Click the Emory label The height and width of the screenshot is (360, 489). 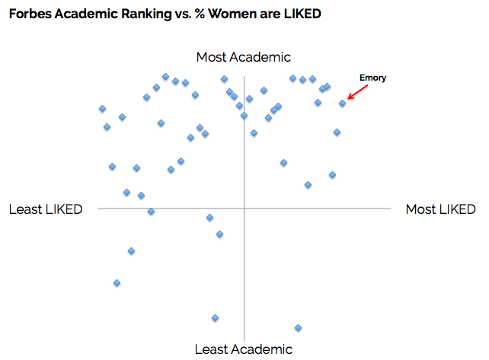coord(373,78)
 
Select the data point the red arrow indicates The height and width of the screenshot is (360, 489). coord(343,103)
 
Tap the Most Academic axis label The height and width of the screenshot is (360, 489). coord(244,57)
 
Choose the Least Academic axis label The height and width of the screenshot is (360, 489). coord(244,349)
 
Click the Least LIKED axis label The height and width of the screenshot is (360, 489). coord(46,209)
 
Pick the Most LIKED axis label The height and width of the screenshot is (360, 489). coord(440,209)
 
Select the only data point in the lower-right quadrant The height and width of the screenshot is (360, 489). coord(298,328)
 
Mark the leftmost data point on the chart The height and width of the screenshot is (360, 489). coord(102,109)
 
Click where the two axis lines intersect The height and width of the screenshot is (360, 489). coord(244,208)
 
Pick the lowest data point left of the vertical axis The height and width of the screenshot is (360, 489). coord(215,317)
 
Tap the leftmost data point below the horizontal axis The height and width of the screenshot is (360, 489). coord(117,282)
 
